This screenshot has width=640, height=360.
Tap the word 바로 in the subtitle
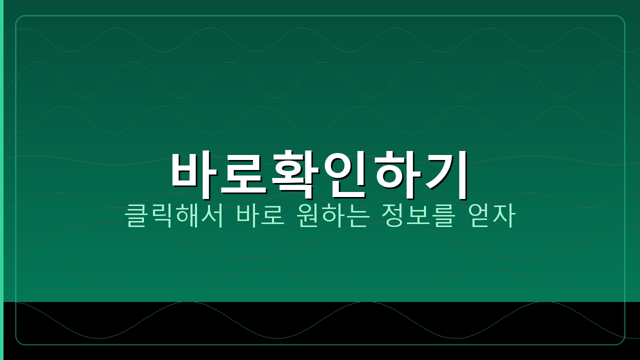click(260, 215)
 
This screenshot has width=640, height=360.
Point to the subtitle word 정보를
click(417, 215)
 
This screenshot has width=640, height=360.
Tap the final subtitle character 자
click(503, 215)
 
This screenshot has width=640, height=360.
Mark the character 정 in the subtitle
click(392, 215)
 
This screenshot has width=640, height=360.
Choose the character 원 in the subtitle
click(307, 215)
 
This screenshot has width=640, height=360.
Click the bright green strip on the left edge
click(1, 150)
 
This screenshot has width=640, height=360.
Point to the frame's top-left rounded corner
click(18, 18)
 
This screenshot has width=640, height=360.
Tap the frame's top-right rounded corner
click(621, 18)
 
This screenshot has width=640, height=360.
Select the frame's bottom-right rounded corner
click(621, 341)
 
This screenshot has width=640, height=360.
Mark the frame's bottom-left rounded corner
click(18, 341)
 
